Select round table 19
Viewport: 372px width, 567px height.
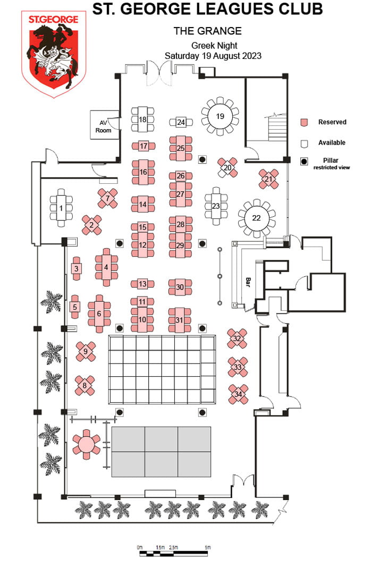click(x=219, y=115)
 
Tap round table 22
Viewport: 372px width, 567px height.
click(x=257, y=218)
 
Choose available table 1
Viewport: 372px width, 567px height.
click(x=61, y=208)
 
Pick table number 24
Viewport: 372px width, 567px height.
click(x=181, y=122)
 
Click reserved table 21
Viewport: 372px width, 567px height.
click(x=268, y=179)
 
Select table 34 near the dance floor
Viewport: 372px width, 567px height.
click(x=238, y=394)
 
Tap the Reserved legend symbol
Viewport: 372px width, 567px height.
click(x=304, y=122)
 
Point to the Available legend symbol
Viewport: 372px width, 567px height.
click(x=304, y=143)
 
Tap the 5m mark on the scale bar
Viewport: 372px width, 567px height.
click(x=207, y=547)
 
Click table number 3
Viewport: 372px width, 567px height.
click(x=77, y=269)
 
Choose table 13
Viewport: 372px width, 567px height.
click(x=142, y=284)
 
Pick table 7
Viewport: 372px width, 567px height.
click(x=108, y=199)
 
